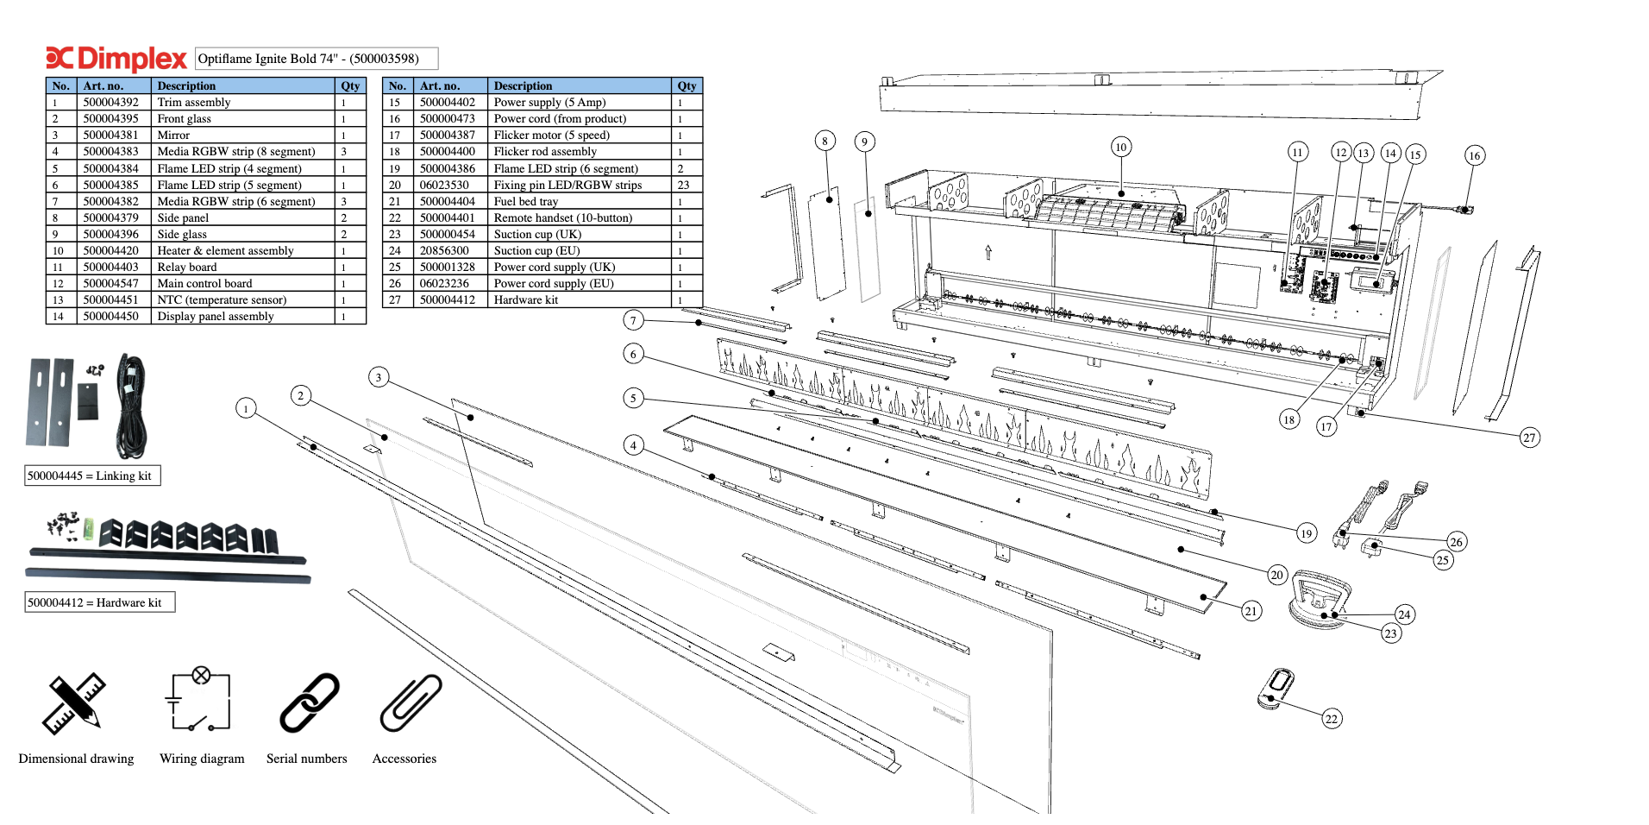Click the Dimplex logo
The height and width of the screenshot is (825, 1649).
tap(116, 59)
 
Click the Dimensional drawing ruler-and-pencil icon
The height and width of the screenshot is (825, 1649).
tap(73, 704)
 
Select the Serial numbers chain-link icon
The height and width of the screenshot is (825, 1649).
tap(310, 703)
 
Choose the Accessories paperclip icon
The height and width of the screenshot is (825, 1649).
tap(411, 703)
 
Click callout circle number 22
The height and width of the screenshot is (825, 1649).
tap(1332, 719)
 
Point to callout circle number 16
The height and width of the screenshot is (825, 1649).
tap(1474, 155)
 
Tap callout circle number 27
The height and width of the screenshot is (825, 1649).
tap(1529, 438)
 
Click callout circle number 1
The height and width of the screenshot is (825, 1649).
tap(246, 408)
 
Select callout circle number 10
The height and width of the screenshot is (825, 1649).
tap(1120, 147)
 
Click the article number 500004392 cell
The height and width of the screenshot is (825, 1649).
tap(111, 103)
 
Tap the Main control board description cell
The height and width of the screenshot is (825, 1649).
tap(243, 284)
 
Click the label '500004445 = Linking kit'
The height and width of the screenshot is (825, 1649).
tap(92, 475)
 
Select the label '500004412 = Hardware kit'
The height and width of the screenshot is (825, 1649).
tap(99, 602)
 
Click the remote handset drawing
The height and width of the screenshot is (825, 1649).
tap(1276, 689)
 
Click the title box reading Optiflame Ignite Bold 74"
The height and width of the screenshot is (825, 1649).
tap(317, 59)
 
